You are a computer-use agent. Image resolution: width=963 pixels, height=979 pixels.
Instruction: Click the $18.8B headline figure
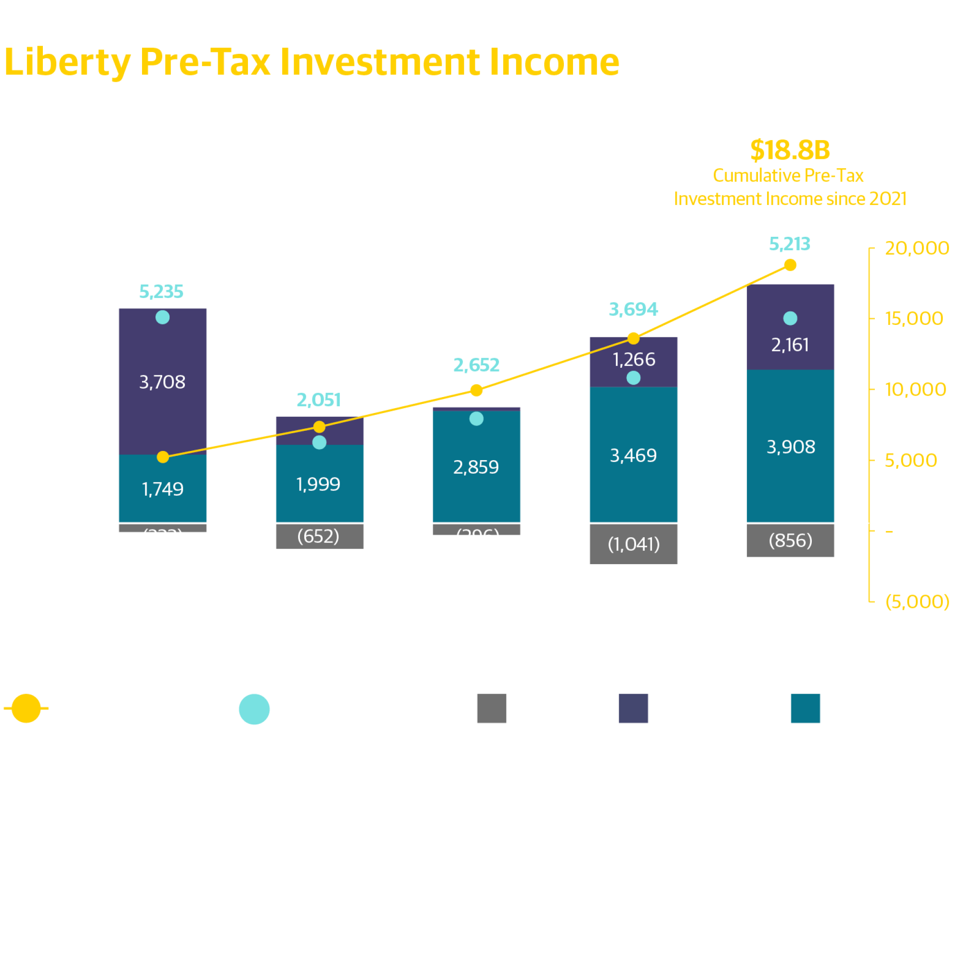pyautogui.click(x=790, y=150)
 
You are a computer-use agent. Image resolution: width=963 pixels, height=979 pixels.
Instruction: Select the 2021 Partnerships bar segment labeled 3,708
pyautogui.click(x=162, y=381)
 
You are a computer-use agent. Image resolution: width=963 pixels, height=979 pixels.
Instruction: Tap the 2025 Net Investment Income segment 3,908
pyautogui.click(x=790, y=447)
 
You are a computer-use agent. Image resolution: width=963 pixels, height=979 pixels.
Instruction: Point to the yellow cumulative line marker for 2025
pyautogui.click(x=790, y=265)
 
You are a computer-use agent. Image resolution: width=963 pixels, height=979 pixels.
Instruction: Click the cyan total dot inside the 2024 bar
pyautogui.click(x=633, y=378)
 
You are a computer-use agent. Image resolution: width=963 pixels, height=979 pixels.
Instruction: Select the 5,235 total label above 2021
pyautogui.click(x=161, y=291)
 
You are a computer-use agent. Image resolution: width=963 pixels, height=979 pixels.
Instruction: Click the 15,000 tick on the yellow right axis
pyautogui.click(x=913, y=319)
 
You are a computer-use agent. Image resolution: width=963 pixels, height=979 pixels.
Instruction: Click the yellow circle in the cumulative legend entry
pyautogui.click(x=26, y=708)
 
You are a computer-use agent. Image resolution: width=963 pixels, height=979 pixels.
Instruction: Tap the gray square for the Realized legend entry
pyautogui.click(x=491, y=708)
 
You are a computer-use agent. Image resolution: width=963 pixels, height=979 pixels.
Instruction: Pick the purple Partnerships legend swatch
pyautogui.click(x=633, y=708)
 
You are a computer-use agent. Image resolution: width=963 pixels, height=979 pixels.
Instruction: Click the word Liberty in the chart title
pyautogui.click(x=67, y=63)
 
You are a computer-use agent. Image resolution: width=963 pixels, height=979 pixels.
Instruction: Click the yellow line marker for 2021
pyautogui.click(x=163, y=457)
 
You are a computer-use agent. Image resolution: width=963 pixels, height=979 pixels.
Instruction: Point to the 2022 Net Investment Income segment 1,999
pyautogui.click(x=318, y=484)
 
